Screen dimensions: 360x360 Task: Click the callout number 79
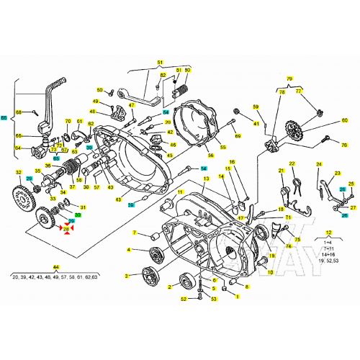pyautogui.click(x=290, y=78)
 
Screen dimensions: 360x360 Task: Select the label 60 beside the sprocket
pyautogui.click(x=344, y=121)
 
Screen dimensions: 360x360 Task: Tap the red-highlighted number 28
pyautogui.click(x=66, y=229)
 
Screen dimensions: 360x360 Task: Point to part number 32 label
pyautogui.click(x=19, y=172)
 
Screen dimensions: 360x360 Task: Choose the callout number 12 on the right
pyautogui.click(x=330, y=233)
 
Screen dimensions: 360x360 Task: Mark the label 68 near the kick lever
pyautogui.click(x=20, y=112)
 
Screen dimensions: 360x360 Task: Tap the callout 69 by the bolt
pyautogui.click(x=238, y=135)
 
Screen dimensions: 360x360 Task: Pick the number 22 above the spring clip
pyautogui.click(x=293, y=163)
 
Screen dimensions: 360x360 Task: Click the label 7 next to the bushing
pyautogui.click(x=134, y=233)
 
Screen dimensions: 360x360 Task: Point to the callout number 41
pyautogui.click(x=255, y=124)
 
